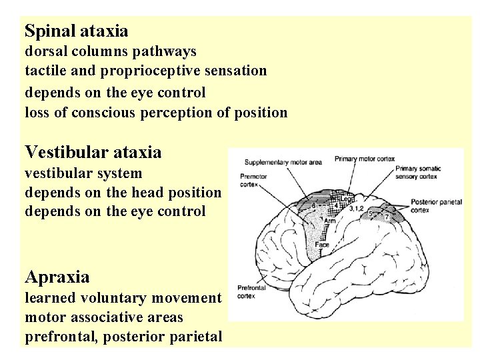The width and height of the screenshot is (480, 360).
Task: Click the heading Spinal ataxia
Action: tap(76, 31)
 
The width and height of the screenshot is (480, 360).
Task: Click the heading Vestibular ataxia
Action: tap(93, 153)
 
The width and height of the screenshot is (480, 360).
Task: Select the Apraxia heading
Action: tap(57, 276)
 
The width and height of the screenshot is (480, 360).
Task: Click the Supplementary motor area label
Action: tap(283, 161)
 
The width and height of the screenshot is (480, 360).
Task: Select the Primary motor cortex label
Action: tap(365, 159)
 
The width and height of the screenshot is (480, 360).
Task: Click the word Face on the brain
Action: tap(323, 245)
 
